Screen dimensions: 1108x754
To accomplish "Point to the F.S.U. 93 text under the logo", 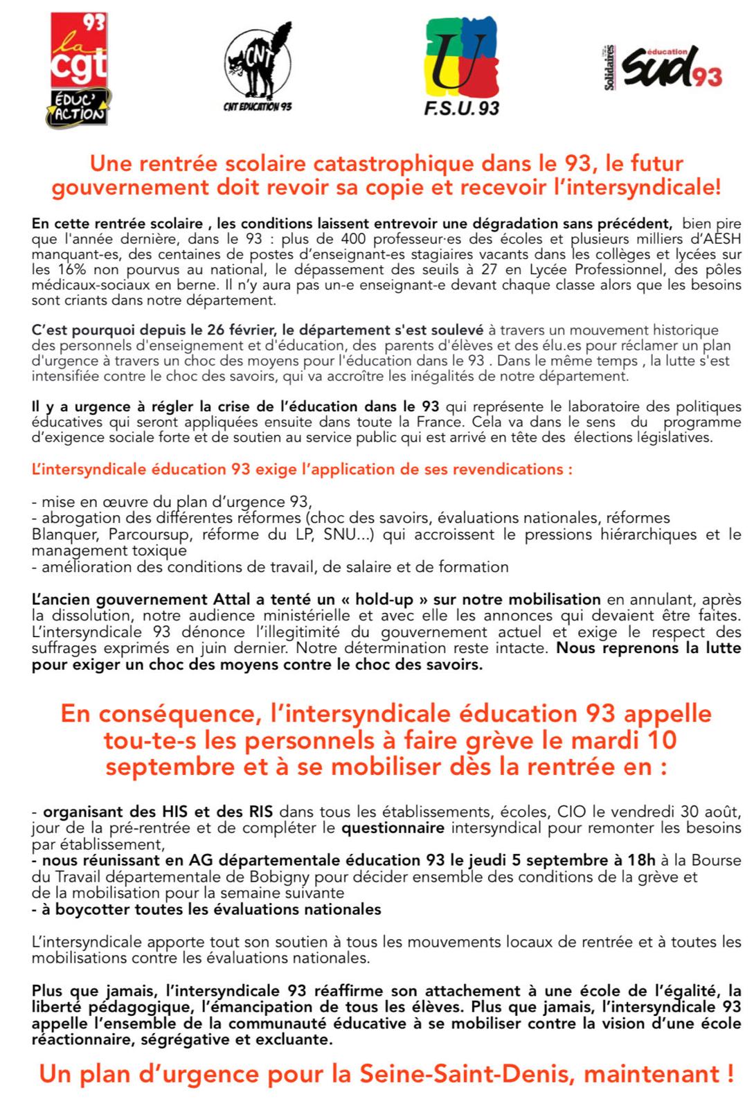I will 461,108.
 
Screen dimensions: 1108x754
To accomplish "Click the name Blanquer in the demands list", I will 60,535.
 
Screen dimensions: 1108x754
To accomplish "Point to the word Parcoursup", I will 152,535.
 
